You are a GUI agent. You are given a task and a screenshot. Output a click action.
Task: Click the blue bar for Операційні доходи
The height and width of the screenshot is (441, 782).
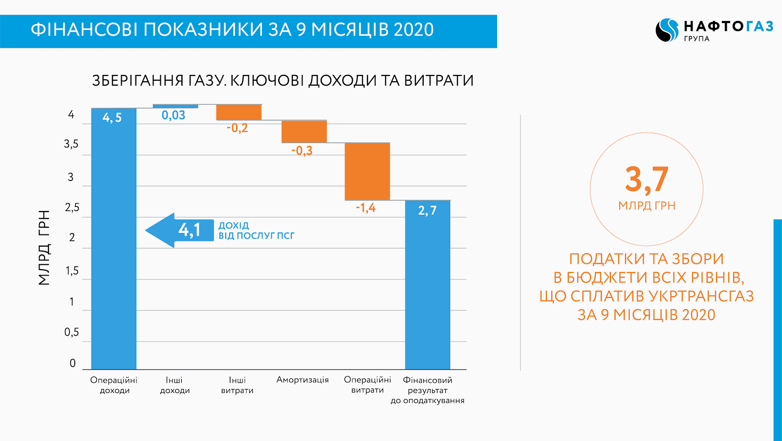(x=114, y=238)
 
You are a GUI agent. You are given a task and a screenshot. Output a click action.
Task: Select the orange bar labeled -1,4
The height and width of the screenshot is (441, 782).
(x=367, y=171)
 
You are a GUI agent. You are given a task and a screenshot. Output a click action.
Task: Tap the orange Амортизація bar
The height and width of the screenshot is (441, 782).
(x=304, y=132)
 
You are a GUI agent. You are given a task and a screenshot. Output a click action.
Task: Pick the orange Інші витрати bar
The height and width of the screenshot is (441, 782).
(x=239, y=112)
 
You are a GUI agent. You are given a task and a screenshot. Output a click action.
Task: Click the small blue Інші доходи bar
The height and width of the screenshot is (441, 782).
(x=175, y=106)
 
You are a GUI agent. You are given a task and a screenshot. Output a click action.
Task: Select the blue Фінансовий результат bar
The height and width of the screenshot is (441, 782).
(x=428, y=285)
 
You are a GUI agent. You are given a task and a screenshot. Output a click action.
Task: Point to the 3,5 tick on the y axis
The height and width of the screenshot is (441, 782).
(x=71, y=144)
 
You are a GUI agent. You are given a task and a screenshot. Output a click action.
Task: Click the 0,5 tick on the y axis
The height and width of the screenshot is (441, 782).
(x=71, y=332)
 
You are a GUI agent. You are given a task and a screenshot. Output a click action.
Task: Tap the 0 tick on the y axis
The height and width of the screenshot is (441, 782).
(x=73, y=363)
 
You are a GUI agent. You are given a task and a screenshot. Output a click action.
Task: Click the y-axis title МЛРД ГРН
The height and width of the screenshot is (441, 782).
(x=44, y=248)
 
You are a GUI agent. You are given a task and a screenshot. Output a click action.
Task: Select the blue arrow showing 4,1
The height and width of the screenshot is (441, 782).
(x=179, y=230)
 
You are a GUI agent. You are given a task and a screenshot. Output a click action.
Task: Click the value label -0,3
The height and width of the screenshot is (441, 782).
(x=302, y=151)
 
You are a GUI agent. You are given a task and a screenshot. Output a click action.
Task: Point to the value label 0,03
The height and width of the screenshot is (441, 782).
(x=174, y=115)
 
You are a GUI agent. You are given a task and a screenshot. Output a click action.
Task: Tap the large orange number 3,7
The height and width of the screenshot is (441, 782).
(x=647, y=180)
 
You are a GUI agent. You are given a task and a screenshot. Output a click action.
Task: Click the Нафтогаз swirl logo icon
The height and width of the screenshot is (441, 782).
(x=667, y=30)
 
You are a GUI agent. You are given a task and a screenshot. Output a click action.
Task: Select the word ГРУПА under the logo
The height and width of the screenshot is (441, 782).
(x=697, y=39)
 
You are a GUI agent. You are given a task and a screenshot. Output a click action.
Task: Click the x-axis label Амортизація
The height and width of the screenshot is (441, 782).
(x=303, y=380)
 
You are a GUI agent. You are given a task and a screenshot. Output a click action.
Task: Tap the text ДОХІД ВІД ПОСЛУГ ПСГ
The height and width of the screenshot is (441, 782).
(x=257, y=231)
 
